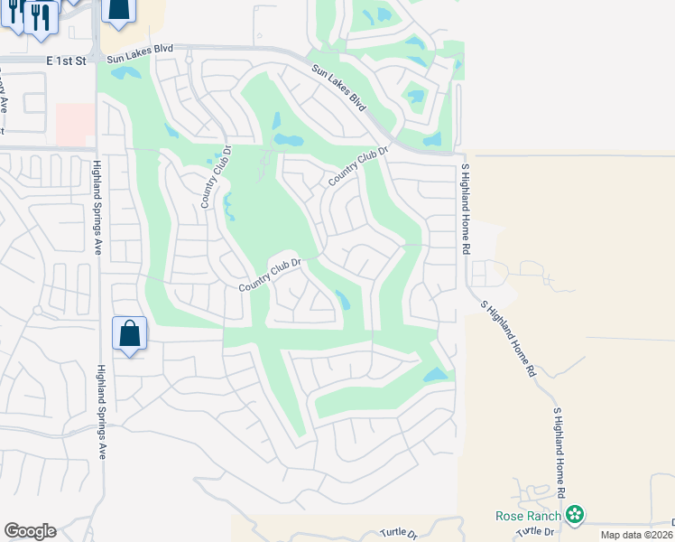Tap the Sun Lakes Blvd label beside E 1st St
click(x=140, y=59)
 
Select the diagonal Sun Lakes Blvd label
click(x=341, y=89)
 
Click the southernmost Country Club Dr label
click(x=268, y=275)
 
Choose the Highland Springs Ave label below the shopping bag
click(x=103, y=411)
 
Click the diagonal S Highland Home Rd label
click(x=509, y=338)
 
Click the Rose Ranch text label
click(x=530, y=516)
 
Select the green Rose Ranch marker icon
click(x=575, y=515)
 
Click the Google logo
click(x=30, y=531)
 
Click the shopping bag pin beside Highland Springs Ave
click(x=130, y=333)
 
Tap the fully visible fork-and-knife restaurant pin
click(x=41, y=17)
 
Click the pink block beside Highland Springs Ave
click(x=76, y=124)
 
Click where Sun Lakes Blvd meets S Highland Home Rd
click(x=460, y=154)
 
